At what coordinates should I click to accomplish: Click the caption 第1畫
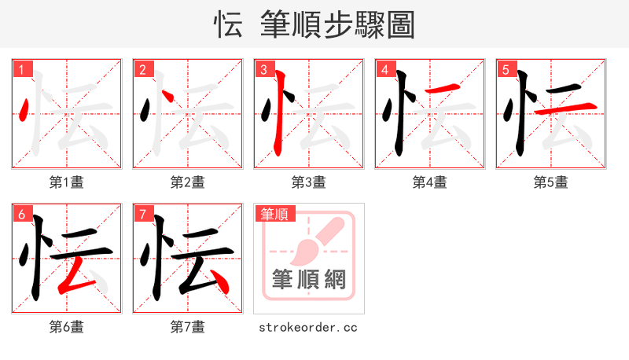click(67, 182)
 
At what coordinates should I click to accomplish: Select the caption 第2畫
click(188, 182)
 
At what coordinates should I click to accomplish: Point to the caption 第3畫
click(309, 182)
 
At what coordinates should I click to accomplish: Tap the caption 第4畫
click(430, 182)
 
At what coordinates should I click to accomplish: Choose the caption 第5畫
click(551, 182)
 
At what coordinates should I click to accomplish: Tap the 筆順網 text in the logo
click(308, 279)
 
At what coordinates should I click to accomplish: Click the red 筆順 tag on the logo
click(274, 214)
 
